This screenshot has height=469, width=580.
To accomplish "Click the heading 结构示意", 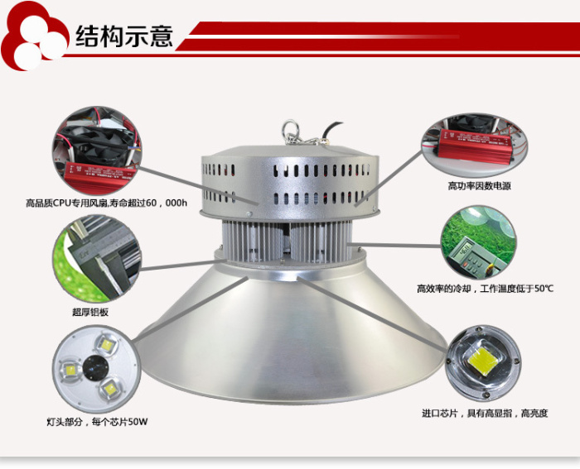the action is click(124, 36).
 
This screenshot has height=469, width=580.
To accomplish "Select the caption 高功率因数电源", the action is click(480, 186).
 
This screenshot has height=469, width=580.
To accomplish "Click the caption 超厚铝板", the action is click(90, 313).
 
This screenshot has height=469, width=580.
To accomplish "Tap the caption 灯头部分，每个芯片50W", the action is click(97, 421).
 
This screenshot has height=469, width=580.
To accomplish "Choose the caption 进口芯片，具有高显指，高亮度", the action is click(485, 413).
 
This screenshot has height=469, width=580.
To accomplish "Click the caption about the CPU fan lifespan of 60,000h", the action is click(107, 203).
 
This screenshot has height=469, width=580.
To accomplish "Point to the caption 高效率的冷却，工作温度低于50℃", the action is click(485, 289).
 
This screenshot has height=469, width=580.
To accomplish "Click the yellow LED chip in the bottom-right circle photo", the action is click(483, 361).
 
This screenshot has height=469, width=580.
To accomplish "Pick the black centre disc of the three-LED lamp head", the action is click(95, 368).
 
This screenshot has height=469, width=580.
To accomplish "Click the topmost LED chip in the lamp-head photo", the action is click(107, 345).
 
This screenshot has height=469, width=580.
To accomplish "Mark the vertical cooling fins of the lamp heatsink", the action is click(287, 241).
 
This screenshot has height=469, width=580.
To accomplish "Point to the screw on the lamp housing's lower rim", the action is click(249, 213).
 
